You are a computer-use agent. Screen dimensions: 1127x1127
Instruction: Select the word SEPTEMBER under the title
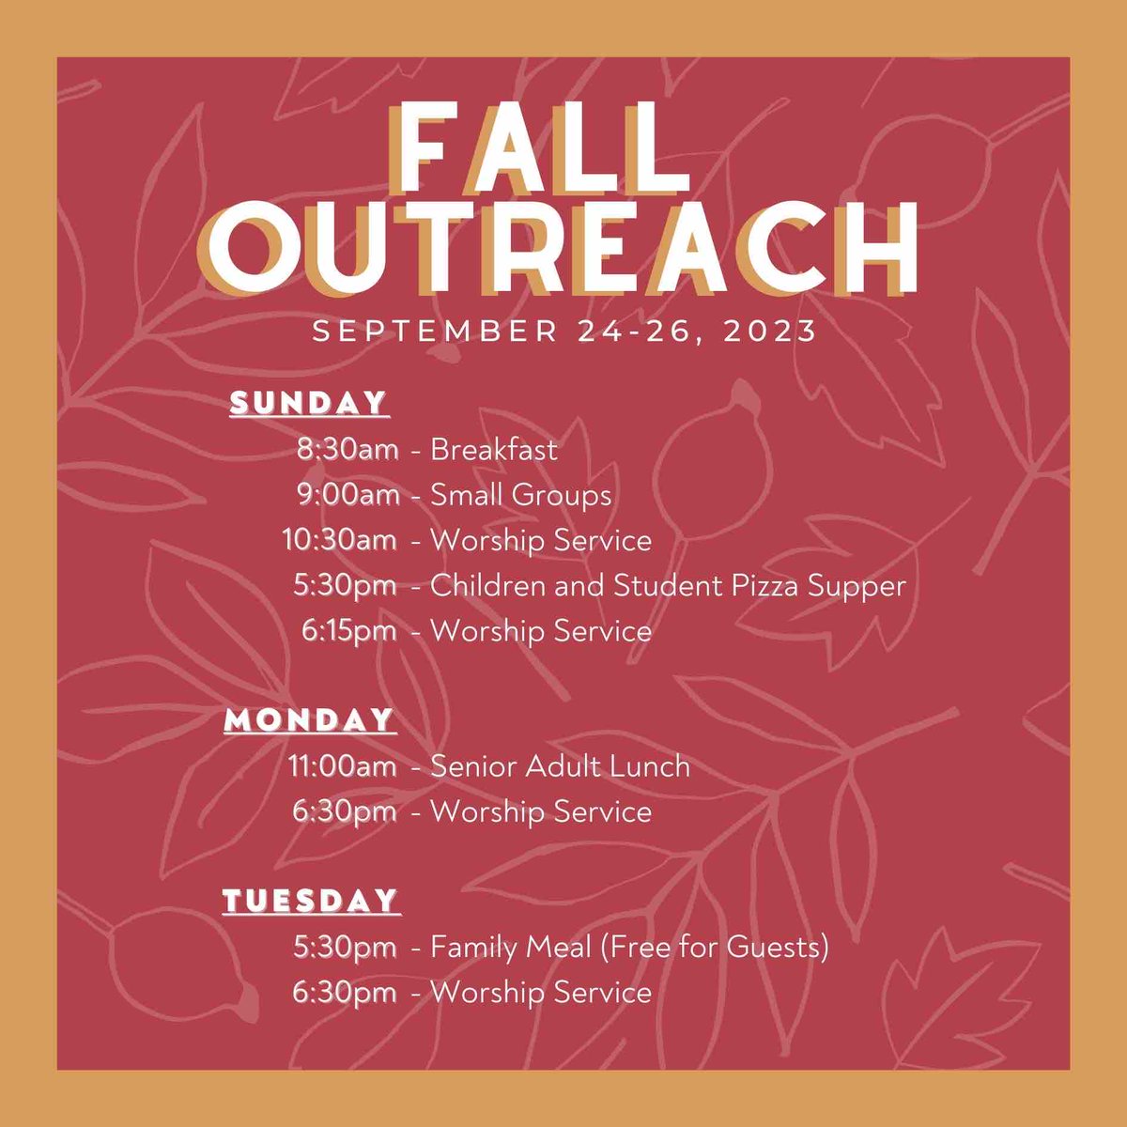coord(435,332)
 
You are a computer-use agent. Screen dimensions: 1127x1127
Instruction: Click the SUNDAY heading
coord(309,403)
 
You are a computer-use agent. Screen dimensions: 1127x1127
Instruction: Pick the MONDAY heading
coord(309,720)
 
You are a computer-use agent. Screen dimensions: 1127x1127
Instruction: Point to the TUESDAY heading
coord(311,901)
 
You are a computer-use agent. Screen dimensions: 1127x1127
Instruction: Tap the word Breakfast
coord(494,450)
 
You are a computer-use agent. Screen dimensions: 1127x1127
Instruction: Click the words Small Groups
coord(520,495)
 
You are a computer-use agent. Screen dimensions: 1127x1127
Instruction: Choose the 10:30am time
coord(339,540)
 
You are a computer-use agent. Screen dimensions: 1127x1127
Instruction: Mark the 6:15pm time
coord(348,630)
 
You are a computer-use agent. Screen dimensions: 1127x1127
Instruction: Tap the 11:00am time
coord(343,766)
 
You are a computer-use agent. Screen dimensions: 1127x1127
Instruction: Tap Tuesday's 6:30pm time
coord(344,992)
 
